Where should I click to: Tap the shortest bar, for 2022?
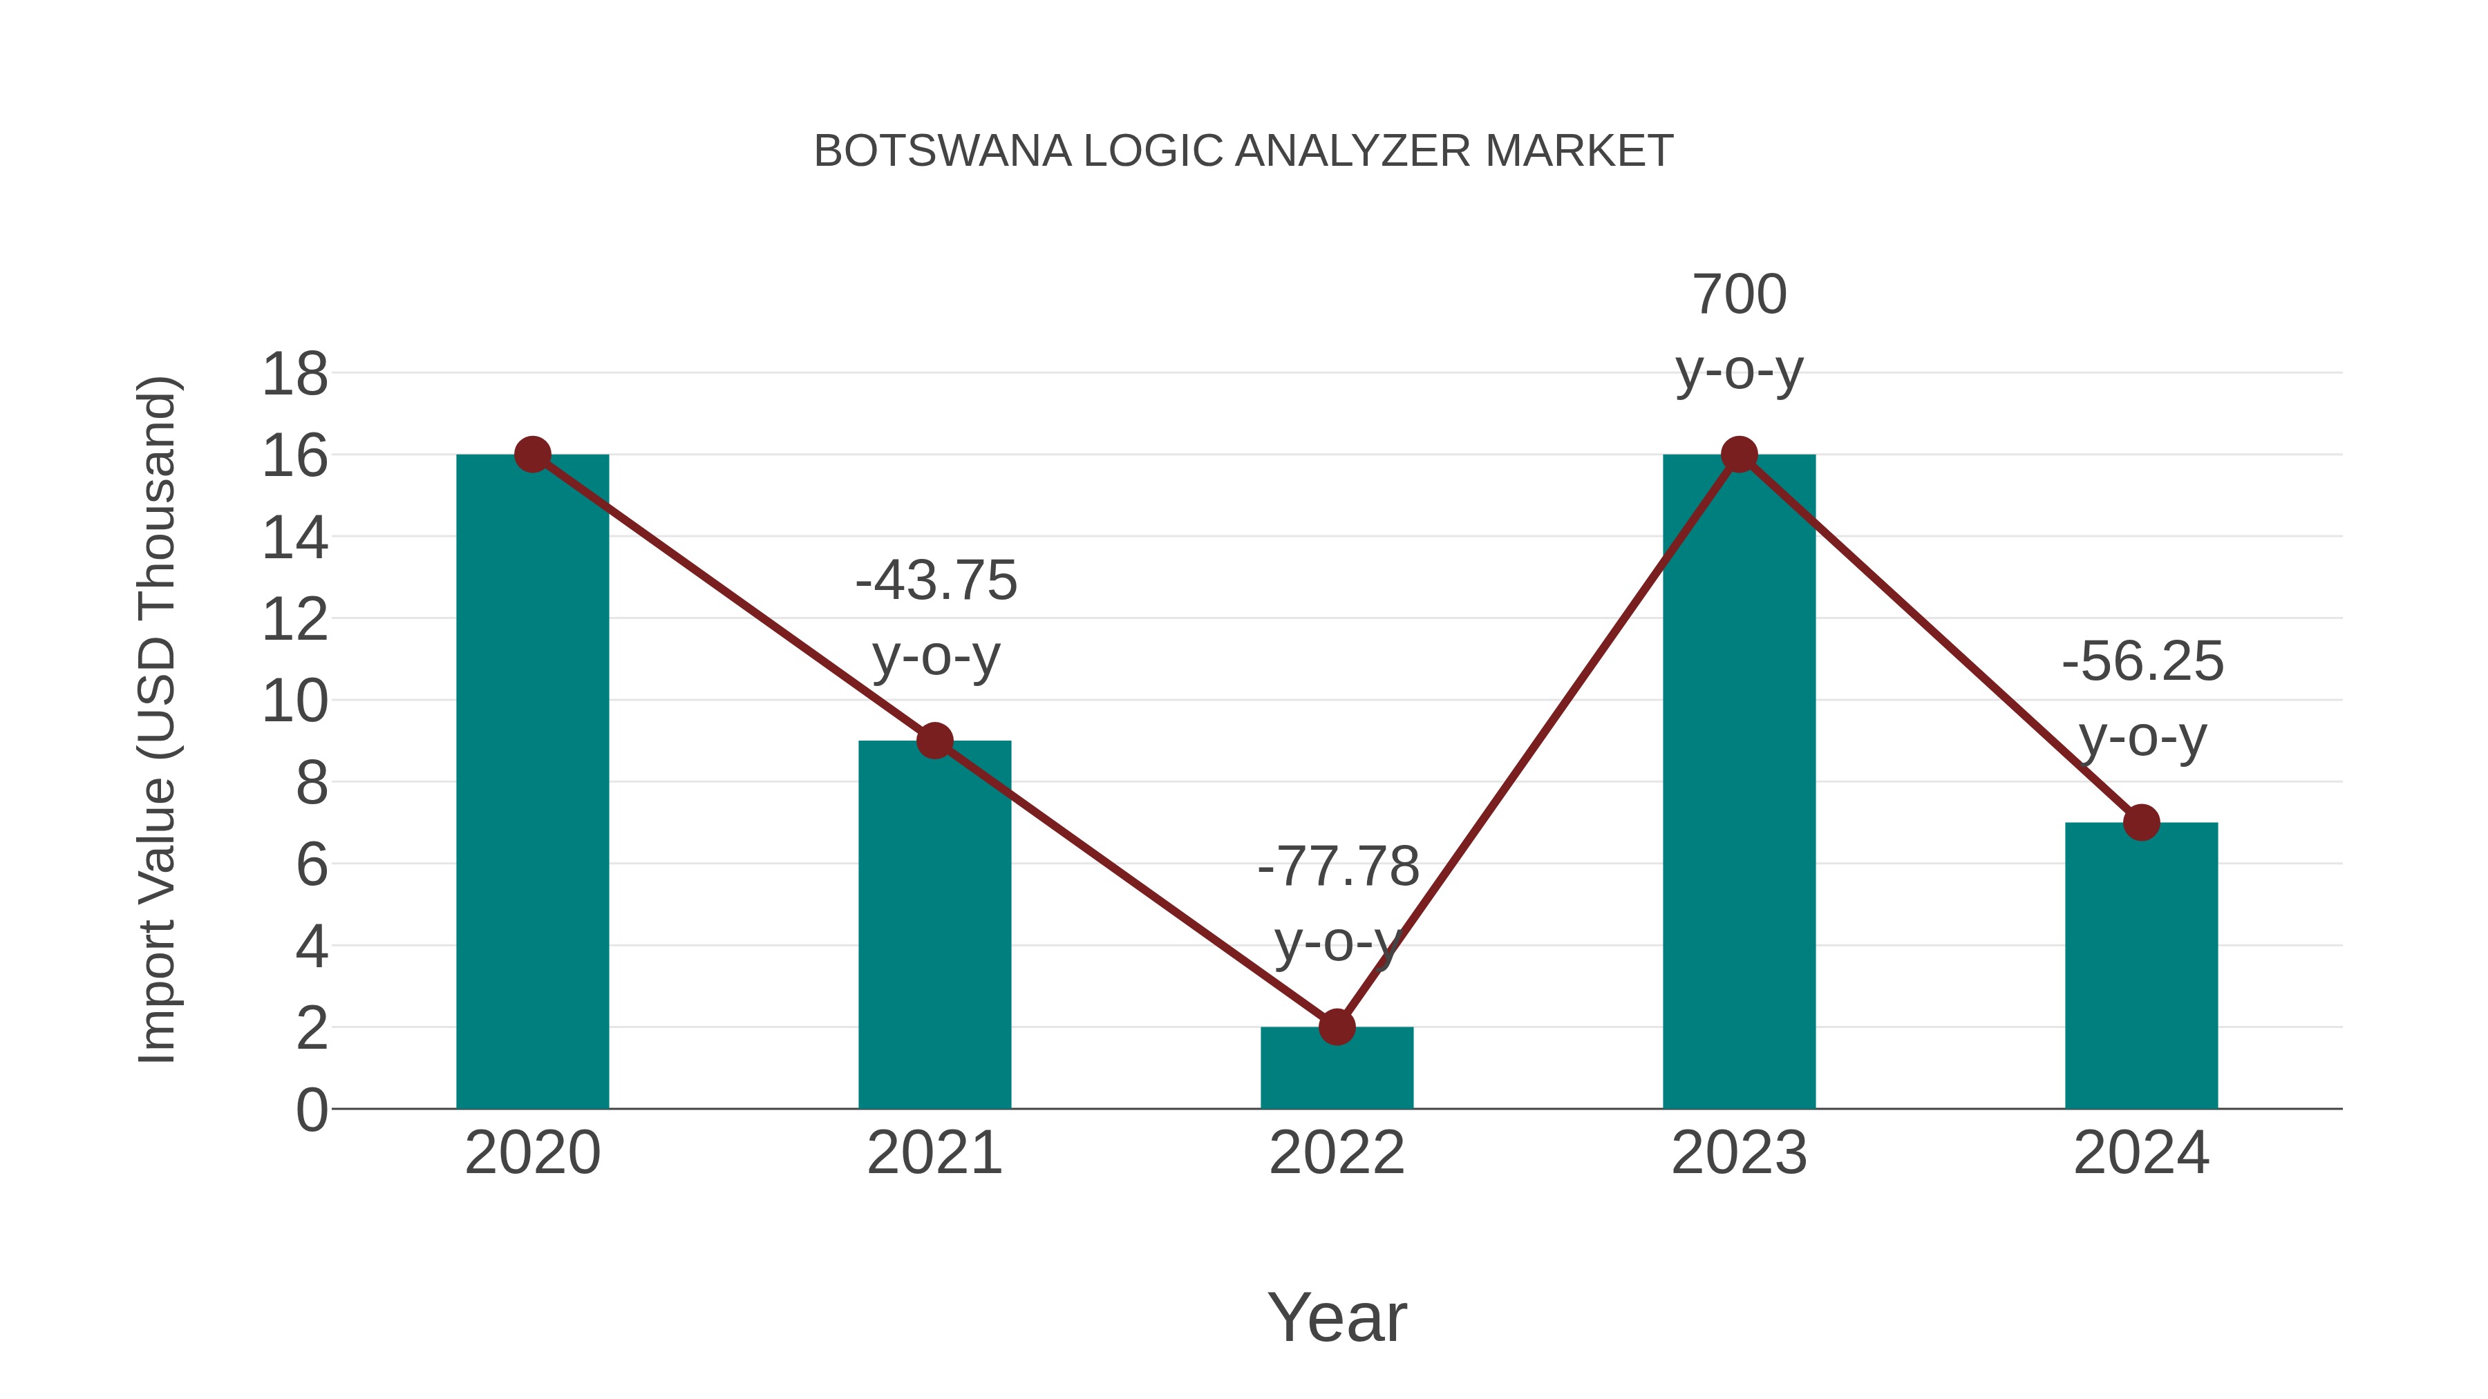1337,1072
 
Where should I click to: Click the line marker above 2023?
1739,454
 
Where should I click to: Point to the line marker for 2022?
1337,1027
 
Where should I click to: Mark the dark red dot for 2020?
532,454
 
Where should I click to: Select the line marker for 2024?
2141,823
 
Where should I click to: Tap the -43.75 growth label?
936,580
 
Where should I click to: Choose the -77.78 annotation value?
1338,866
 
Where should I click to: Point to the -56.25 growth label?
2142,663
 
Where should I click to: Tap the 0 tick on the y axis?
311,1110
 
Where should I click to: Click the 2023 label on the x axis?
1739,1153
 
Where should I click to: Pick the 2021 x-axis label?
934,1153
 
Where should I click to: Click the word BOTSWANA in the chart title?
942,151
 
